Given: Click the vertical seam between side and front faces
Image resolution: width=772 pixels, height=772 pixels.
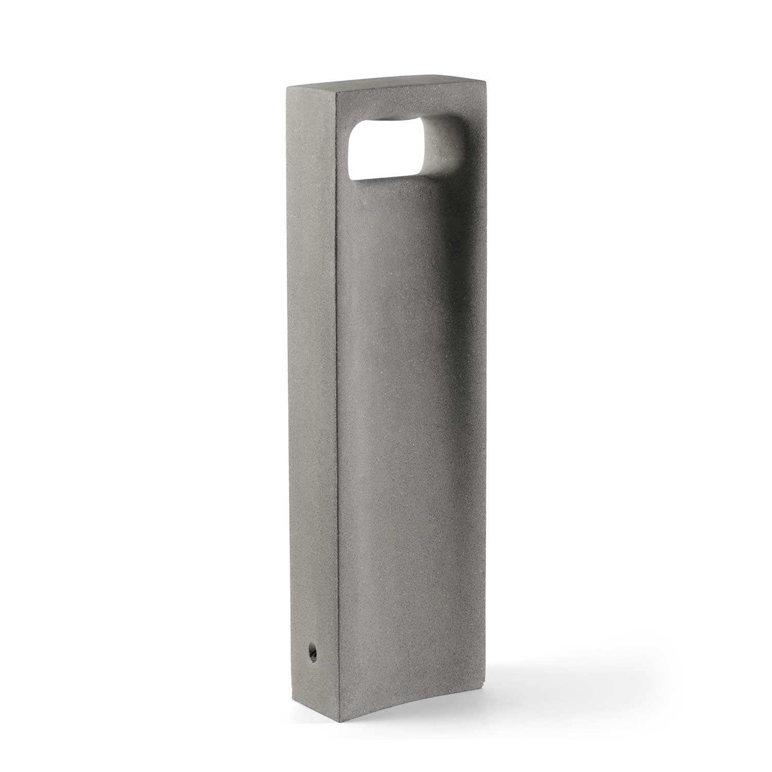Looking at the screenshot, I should coord(337,412).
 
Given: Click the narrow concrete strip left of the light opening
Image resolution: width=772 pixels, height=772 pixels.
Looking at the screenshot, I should coord(344,154).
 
